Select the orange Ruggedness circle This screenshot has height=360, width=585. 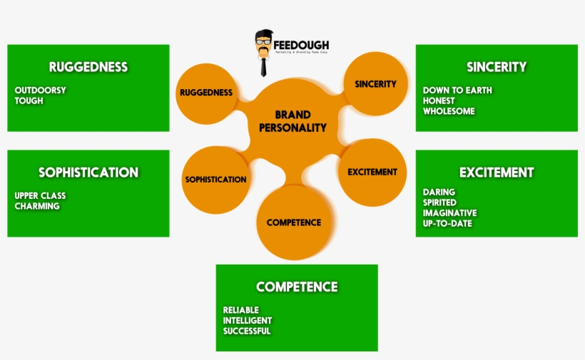pyautogui.click(x=205, y=93)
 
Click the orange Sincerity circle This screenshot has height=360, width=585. pyautogui.click(x=375, y=84)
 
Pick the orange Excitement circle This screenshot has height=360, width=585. pyautogui.click(x=372, y=172)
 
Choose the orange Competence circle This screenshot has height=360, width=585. pyautogui.click(x=294, y=222)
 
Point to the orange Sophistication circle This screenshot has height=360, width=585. pyautogui.click(x=215, y=180)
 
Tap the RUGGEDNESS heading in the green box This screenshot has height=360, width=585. pyautogui.click(x=88, y=67)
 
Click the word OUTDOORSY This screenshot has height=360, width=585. pyautogui.click(x=40, y=91)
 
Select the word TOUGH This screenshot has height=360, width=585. pyautogui.click(x=29, y=101)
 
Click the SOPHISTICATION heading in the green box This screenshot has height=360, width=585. pyautogui.click(x=88, y=173)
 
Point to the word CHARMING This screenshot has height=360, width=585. pyautogui.click(x=37, y=206)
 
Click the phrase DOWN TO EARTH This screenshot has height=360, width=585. pyautogui.click(x=457, y=91)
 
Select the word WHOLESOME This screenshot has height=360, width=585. pyautogui.click(x=449, y=111)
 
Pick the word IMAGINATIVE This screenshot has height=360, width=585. pyautogui.click(x=449, y=213)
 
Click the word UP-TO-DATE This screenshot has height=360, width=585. pyautogui.click(x=447, y=224)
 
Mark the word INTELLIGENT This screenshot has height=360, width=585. pyautogui.click(x=248, y=321)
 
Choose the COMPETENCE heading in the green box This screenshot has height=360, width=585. pyautogui.click(x=297, y=287)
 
